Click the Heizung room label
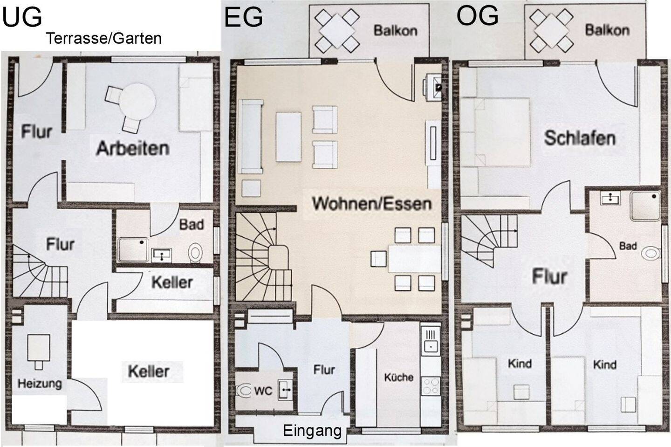40,384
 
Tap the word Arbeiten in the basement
133,148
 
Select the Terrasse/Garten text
103,38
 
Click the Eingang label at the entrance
312,431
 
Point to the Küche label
399,377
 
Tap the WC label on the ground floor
263,391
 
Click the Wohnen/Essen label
372,203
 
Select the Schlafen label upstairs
580,138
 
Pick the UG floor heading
22,18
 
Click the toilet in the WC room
244,391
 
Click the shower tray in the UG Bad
133,250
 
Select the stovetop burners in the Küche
431,386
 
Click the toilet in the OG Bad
651,254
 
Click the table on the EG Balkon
337,31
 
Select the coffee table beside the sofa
288,137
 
